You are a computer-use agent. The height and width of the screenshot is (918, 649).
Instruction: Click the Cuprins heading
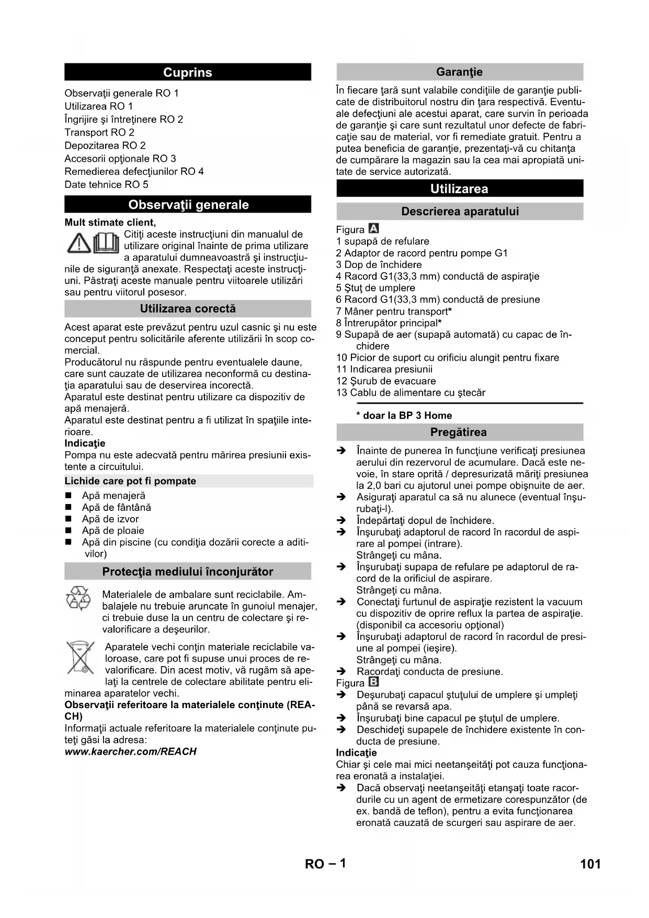187,72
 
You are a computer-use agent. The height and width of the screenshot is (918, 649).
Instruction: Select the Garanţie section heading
459,72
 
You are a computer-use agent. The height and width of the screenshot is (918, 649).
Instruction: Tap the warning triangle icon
79,244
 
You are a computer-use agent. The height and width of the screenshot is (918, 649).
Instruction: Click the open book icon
106,243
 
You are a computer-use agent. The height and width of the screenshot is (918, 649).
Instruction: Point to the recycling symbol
78,598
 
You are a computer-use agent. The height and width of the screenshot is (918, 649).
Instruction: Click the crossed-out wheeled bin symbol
80,658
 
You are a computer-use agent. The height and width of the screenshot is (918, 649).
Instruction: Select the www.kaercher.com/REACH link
130,752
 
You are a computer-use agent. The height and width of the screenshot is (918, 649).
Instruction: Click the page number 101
590,864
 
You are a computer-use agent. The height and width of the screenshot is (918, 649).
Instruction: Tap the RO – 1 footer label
325,864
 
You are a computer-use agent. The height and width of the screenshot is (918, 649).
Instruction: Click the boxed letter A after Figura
373,229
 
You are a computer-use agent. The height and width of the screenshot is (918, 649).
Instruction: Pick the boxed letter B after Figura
373,682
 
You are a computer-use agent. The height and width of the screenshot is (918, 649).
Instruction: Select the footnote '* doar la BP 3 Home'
404,416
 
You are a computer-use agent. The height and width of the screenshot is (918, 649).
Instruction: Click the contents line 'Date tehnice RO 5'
106,184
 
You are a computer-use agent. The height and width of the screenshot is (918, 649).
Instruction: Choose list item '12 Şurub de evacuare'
386,381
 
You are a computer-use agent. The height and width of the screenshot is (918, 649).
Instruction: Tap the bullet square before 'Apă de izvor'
68,519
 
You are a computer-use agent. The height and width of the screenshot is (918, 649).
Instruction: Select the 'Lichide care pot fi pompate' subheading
130,481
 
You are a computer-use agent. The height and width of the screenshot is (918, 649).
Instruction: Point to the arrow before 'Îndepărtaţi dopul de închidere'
341,521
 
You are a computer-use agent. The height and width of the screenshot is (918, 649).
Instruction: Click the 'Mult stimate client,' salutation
110,222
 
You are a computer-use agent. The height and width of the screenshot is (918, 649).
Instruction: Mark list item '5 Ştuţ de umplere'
375,288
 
